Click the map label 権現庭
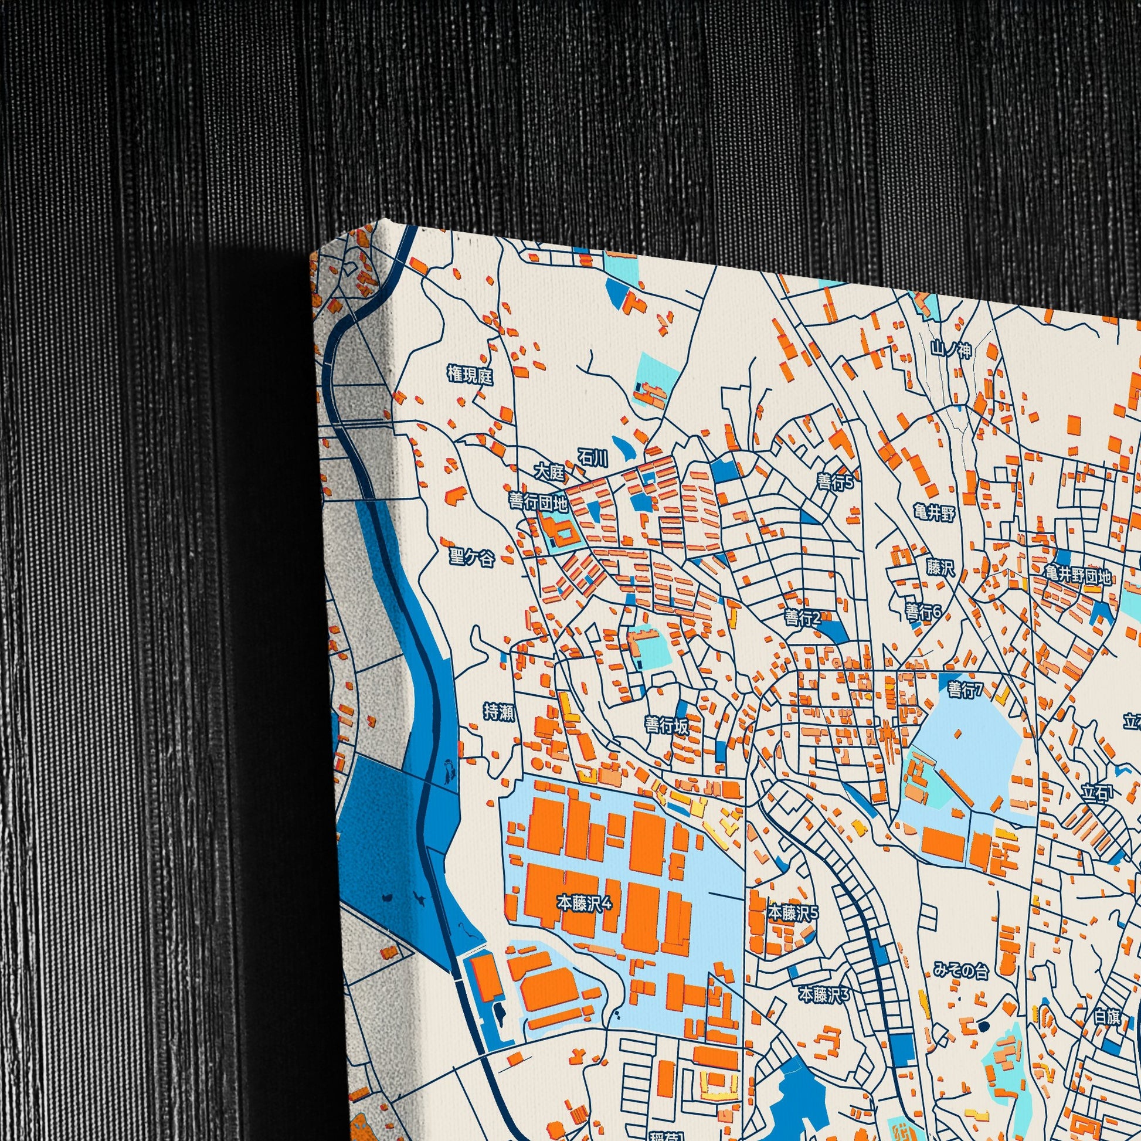click(470, 375)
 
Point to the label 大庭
click(549, 473)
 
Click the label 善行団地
click(538, 502)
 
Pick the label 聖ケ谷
click(471, 557)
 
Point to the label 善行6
click(923, 612)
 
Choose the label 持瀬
click(499, 713)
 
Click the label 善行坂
click(667, 725)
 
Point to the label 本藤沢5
click(793, 913)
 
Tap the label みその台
click(961, 970)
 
